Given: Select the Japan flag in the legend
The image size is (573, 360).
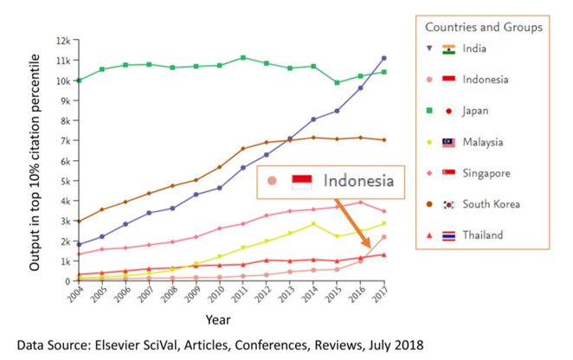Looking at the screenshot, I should coord(447,111).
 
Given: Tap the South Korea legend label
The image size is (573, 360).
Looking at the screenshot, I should coord(491,204).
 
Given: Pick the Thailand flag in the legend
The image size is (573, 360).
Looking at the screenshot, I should coord(447,235).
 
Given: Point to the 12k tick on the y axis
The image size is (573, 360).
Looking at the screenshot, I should coord(62,41).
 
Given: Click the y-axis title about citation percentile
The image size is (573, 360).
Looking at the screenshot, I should coord(36,160).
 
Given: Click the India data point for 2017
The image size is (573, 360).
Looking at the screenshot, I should coord(383,59).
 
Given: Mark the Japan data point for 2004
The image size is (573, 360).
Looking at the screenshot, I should coord(80,80).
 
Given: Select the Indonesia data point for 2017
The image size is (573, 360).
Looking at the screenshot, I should coord(383,237).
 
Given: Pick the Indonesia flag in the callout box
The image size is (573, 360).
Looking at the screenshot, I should coord(302,181).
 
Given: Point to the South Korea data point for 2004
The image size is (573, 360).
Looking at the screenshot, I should coord(80,222).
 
